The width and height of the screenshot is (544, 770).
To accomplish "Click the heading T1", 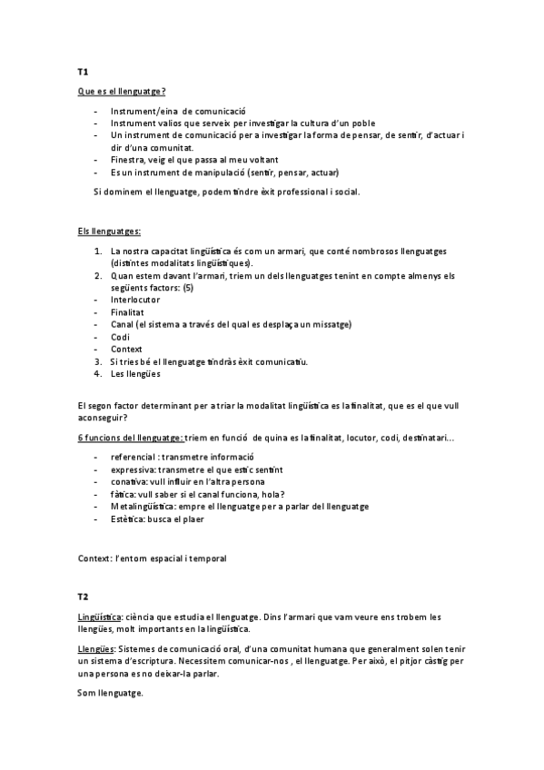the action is [82, 71].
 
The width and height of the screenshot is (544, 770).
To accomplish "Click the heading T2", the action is [82, 597].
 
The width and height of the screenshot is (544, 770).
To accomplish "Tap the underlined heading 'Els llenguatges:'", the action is [109, 232].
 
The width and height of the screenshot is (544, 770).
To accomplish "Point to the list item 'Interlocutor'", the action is [135, 300].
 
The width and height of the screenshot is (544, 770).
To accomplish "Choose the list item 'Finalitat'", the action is [128, 312].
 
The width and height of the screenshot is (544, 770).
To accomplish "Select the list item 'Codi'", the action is [120, 337].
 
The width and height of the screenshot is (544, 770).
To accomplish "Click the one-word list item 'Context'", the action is [126, 350].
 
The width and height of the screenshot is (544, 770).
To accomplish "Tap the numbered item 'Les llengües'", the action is [135, 374].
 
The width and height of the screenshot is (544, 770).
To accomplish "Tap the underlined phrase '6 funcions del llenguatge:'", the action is [130, 438].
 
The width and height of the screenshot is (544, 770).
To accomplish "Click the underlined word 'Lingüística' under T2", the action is [100, 617].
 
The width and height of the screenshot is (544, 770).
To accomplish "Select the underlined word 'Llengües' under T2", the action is [97, 650].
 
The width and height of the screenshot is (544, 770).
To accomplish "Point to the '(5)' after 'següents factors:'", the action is [188, 288].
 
